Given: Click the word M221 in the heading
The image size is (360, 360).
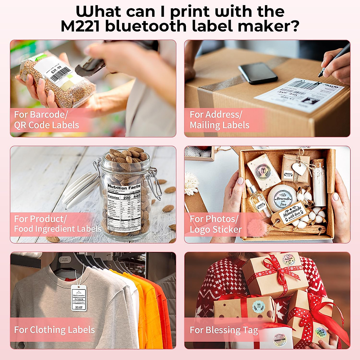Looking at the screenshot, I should (x=80, y=26).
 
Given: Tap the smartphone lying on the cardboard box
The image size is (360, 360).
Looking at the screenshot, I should (x=258, y=73).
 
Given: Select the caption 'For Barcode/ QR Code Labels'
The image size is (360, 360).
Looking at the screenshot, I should (x=46, y=120).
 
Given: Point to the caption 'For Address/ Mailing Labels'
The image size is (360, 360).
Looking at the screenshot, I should (x=219, y=120).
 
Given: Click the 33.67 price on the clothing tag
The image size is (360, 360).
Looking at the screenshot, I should (x=79, y=307).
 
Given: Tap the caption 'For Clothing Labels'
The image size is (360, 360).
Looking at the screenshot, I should (x=54, y=330).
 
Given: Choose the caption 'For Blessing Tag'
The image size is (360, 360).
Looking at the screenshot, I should (x=224, y=330).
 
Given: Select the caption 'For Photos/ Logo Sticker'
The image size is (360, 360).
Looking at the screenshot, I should (x=215, y=224).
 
